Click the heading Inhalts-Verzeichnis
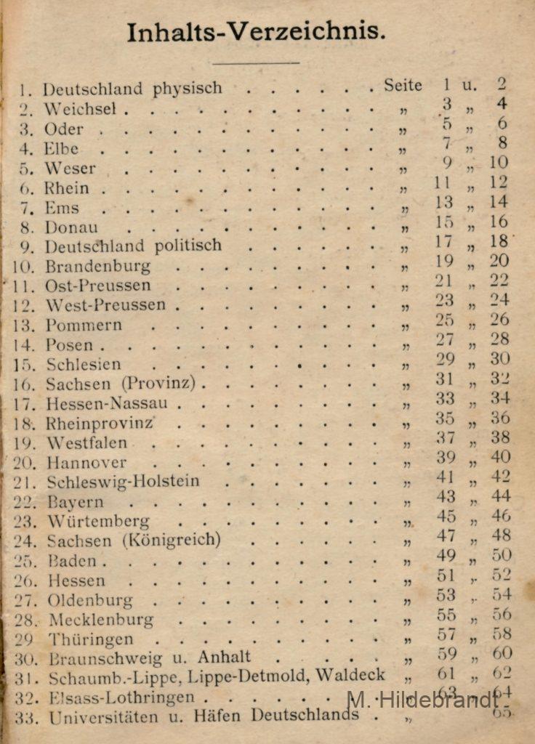pos(256,33)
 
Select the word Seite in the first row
pos(403,86)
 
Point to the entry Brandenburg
pos(98,266)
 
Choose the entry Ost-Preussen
pos(98,286)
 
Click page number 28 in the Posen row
pos(499,339)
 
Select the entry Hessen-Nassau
pos(107,403)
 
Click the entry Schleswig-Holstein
pos(123,482)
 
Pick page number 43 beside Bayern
pos(446,497)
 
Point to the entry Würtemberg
pos(98,522)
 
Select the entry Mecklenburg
pos(101,620)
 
